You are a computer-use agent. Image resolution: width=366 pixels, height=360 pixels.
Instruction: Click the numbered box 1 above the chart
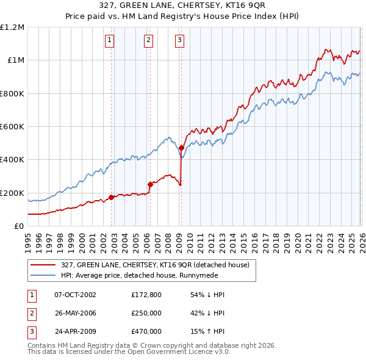point(110,41)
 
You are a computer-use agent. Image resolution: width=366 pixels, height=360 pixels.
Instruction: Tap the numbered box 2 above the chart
point(148,41)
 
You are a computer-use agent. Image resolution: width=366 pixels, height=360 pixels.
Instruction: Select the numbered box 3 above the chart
point(180,41)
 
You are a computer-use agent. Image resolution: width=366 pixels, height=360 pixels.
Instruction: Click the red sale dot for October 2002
point(111,197)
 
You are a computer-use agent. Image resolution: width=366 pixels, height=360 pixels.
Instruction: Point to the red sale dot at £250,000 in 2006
point(150,184)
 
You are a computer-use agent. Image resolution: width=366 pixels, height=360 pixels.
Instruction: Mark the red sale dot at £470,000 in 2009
point(181,148)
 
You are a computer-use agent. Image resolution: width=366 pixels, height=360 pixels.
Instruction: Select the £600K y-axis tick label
point(12,127)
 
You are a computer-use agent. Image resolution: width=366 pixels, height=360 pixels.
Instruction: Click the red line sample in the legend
point(43,265)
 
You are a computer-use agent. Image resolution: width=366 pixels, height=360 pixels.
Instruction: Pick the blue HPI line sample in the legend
point(43,275)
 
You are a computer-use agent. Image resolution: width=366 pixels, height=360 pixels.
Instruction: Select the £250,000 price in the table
point(146,313)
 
